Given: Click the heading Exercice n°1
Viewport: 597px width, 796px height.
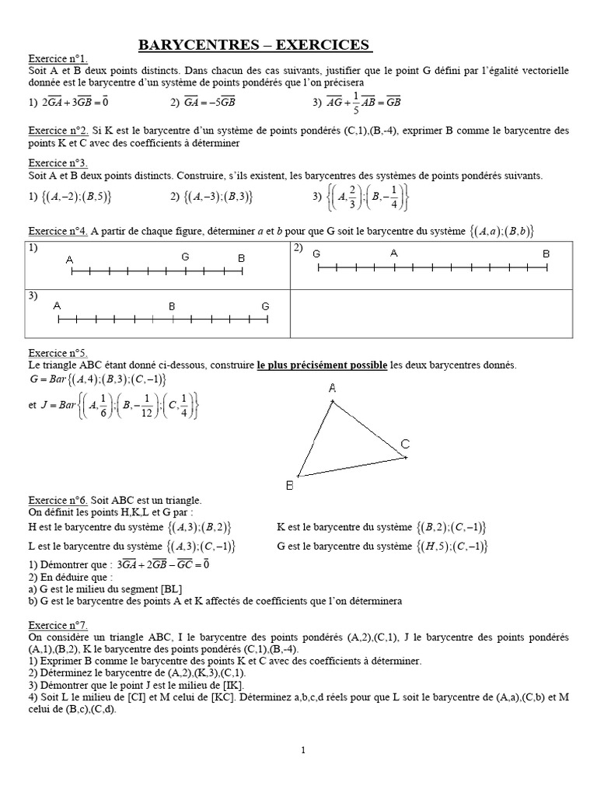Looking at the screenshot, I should click(x=58, y=59).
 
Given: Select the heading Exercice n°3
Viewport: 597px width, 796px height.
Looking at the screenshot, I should click(x=58, y=163).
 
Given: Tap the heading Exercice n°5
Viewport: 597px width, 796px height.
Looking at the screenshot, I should click(x=58, y=352).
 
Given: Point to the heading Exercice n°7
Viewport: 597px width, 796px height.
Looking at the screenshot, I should click(x=58, y=624).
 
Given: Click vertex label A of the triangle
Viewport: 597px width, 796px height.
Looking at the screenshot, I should click(x=333, y=388).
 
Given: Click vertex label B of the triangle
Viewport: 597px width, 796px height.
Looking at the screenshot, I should click(x=289, y=486).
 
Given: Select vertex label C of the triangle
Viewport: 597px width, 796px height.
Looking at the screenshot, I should click(x=405, y=444).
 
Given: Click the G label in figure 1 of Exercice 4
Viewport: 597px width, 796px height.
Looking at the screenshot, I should click(x=185, y=257).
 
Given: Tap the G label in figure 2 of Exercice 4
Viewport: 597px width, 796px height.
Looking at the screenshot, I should click(x=316, y=253).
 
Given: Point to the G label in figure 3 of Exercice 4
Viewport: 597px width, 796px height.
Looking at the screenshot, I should click(x=265, y=305).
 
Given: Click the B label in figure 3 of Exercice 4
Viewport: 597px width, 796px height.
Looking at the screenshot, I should click(x=173, y=306).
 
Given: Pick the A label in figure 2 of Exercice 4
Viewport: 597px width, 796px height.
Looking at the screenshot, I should click(x=394, y=253).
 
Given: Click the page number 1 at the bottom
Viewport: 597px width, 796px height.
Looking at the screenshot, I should click(x=302, y=749).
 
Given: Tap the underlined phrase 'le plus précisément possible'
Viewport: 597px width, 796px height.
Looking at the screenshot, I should click(x=322, y=365).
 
